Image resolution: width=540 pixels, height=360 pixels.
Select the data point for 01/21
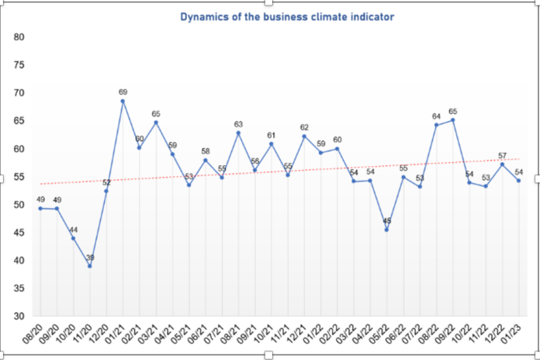point(123,102)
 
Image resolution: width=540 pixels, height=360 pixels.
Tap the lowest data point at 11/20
point(90,266)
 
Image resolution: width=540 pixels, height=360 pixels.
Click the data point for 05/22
point(386,229)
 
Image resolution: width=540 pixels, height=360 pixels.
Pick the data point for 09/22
point(453,120)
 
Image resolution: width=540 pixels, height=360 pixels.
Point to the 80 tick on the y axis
point(20,37)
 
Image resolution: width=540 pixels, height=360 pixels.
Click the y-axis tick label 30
point(20,317)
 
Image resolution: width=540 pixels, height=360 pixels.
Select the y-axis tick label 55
point(20,177)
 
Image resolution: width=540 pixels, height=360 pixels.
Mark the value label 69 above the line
point(123,92)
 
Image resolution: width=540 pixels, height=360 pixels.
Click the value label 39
point(90,257)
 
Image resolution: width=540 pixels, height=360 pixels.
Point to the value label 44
point(74,229)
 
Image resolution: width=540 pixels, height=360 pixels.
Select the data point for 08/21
point(238,133)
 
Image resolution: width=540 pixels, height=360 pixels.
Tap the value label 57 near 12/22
point(502,154)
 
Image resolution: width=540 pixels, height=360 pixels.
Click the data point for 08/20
point(40,208)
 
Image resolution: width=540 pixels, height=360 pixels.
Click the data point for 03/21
point(156,122)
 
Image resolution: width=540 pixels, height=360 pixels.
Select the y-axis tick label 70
point(20,93)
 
